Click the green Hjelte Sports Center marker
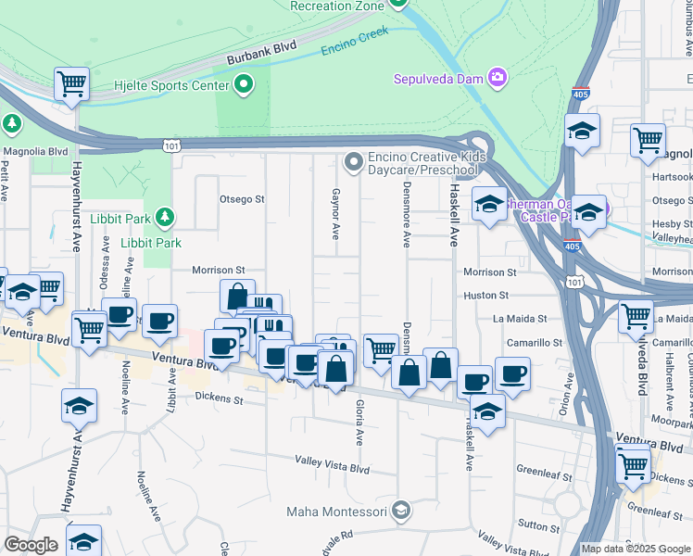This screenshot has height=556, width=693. [x=245, y=86]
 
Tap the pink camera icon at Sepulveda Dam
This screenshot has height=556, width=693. [x=498, y=79]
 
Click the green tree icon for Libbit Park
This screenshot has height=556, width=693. [x=165, y=217]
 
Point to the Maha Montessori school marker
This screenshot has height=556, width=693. [x=400, y=511]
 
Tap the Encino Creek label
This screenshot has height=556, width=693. [x=354, y=44]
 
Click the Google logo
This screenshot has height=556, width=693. [x=31, y=545]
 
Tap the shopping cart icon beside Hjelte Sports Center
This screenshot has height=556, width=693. [x=71, y=84]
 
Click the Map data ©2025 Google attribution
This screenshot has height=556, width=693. [x=636, y=549]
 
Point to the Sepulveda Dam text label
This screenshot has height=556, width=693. [x=440, y=79]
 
